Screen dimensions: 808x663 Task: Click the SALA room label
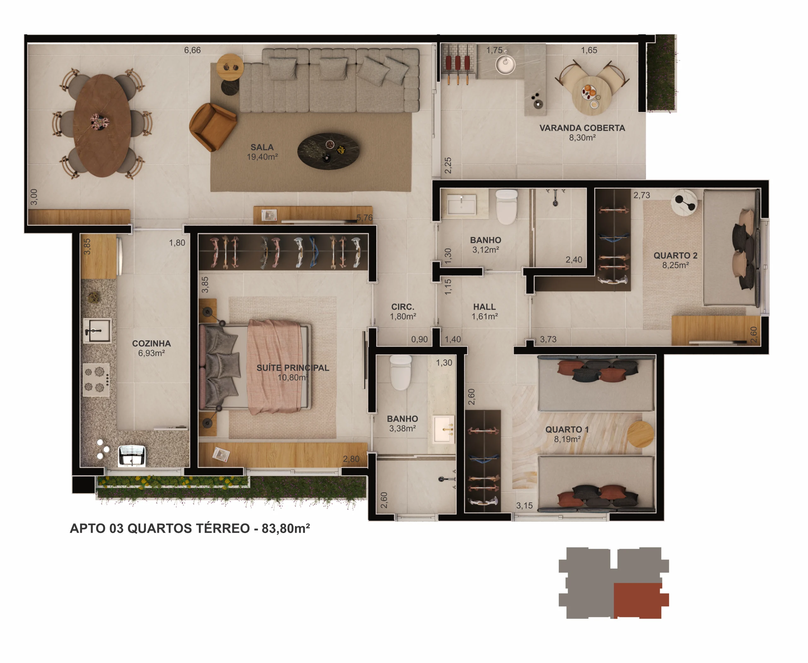click(x=262, y=147)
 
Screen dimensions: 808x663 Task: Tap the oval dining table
click(x=102, y=125)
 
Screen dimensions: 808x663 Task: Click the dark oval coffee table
click(x=328, y=151)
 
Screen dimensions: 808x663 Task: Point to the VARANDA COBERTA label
click(x=582, y=128)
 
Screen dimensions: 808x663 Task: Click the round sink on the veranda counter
click(x=505, y=65)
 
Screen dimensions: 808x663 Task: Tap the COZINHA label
click(x=151, y=343)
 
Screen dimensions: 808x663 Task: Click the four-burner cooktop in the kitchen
click(x=96, y=380)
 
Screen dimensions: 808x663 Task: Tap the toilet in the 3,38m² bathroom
click(x=401, y=372)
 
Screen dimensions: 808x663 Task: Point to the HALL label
click(x=484, y=307)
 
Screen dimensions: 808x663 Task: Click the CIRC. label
click(x=403, y=307)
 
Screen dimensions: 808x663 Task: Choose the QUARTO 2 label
click(x=675, y=256)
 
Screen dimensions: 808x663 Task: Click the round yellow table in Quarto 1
click(x=640, y=434)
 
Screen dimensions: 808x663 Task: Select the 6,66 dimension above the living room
click(x=192, y=50)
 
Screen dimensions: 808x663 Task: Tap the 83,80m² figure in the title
click(x=286, y=528)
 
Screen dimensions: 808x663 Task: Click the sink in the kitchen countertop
click(x=97, y=331)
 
